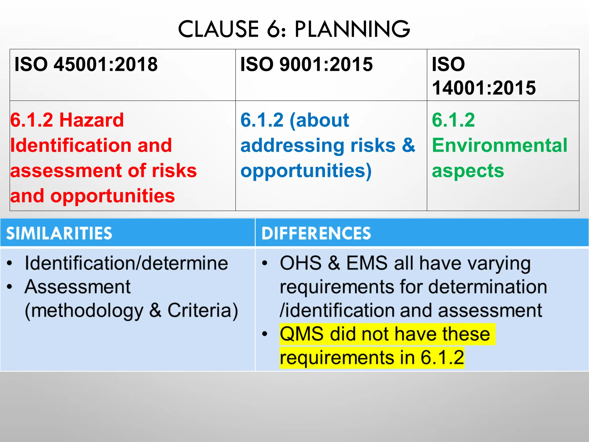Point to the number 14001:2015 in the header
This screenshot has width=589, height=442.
[484, 87]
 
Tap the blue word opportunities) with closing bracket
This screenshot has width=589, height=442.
[306, 171]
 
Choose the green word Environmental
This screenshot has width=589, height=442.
[500, 145]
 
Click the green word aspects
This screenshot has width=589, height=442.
[468, 171]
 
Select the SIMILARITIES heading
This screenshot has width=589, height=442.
[59, 233]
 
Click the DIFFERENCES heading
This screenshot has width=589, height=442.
[316, 233]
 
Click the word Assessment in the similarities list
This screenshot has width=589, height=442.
[78, 287]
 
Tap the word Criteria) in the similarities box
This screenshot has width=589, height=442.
[203, 310]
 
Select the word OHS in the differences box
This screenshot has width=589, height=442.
[301, 263]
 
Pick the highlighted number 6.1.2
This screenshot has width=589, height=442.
[442, 358]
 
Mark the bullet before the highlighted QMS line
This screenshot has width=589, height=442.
[265, 334]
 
